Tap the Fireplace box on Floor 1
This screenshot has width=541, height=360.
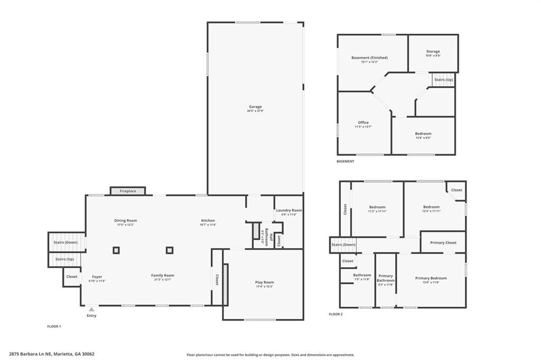(128, 191)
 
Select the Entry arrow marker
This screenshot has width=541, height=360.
(91, 309)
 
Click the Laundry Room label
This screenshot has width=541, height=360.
(289, 210)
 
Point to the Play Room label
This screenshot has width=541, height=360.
(264, 282)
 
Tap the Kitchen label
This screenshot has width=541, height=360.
(208, 221)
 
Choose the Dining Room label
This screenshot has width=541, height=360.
(126, 221)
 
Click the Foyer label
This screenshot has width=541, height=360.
(97, 277)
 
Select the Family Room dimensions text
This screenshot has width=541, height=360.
(162, 280)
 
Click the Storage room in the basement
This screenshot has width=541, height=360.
(433, 52)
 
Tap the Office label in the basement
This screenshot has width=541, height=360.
(363, 122)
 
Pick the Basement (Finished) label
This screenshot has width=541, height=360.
(369, 58)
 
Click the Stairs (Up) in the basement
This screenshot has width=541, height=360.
(443, 80)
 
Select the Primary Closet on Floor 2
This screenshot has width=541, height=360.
(443, 243)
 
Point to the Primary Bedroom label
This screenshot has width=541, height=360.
(431, 278)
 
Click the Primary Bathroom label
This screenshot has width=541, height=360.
(386, 278)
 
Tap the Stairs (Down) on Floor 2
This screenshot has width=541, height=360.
(343, 245)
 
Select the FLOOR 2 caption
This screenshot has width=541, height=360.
(335, 314)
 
